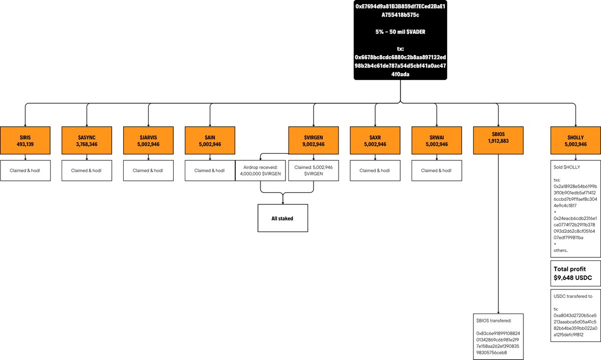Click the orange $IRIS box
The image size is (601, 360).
click(x=25, y=140)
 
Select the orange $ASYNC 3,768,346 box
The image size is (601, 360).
click(x=87, y=140)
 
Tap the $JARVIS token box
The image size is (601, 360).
click(x=148, y=140)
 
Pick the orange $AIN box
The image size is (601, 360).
click(x=210, y=140)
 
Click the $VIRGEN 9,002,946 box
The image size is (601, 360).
click(x=314, y=140)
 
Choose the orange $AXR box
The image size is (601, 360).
click(x=375, y=140)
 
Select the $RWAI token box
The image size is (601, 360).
click(x=437, y=140)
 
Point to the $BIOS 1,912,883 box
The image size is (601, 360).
click(x=498, y=140)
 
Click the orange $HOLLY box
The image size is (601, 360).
click(x=575, y=140)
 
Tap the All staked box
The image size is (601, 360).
click(x=283, y=218)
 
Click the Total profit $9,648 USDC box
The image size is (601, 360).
click(x=575, y=273)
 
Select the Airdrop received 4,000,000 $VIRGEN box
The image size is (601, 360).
click(x=260, y=171)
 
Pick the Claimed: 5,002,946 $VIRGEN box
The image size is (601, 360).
click(x=314, y=171)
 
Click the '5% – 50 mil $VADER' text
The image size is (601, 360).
click(x=400, y=32)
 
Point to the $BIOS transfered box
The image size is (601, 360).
click(x=498, y=336)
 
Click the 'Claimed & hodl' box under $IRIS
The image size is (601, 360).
click(x=25, y=171)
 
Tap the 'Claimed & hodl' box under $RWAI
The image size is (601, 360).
click(x=437, y=171)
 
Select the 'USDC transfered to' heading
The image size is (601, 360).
click(x=573, y=296)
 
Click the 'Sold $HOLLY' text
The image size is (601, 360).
click(x=566, y=167)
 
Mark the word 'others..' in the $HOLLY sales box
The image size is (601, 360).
click(x=561, y=250)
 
